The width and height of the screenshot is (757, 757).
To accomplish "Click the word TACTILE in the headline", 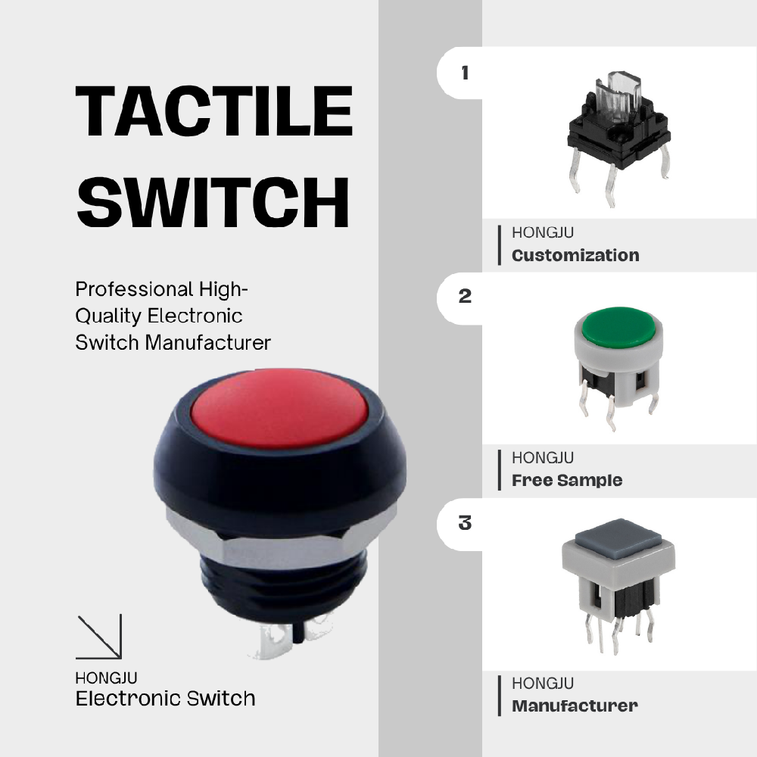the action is (x=214, y=111).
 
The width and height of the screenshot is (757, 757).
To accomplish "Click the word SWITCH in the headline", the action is (x=213, y=202).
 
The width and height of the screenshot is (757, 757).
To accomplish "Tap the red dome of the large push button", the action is (x=279, y=409).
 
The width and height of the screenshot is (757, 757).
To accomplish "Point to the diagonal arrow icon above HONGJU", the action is (x=99, y=637).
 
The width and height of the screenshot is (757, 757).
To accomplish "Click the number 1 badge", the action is (x=465, y=73).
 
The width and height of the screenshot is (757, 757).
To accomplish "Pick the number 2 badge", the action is (x=465, y=296).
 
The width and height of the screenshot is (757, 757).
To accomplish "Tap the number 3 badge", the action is (x=465, y=522).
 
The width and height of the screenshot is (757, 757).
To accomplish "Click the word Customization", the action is (x=575, y=255).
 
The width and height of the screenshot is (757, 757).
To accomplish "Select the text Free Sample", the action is (x=567, y=481).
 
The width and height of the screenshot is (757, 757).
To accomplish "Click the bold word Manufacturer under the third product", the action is (x=575, y=706).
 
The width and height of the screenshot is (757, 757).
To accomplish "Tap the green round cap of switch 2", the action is (x=618, y=327).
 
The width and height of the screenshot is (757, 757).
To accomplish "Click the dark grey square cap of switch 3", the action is (x=618, y=539).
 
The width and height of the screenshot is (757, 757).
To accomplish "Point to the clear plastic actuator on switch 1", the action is (x=618, y=96).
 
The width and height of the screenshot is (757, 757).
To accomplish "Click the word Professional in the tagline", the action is (x=134, y=289).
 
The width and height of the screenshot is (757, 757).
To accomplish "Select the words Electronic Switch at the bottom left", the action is (x=165, y=699).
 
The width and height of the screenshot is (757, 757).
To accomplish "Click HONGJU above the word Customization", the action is (x=543, y=232).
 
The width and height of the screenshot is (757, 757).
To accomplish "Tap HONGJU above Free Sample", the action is (x=543, y=458).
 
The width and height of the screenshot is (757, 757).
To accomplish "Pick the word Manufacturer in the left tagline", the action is (x=207, y=343).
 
